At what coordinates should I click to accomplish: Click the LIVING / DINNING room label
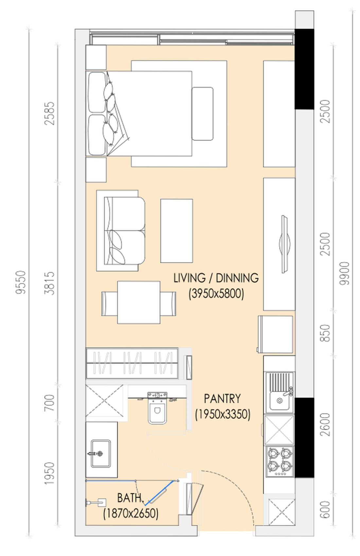tap(216, 278)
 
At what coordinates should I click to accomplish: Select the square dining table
tap(139, 302)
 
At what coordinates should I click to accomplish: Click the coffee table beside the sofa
tap(177, 231)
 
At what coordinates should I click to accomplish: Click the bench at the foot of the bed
tap(203, 114)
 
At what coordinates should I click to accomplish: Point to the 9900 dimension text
tap(344, 273)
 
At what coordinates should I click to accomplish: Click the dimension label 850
tap(325, 333)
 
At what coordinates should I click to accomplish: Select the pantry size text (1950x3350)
tap(223, 414)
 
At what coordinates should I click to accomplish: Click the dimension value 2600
tap(325, 425)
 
